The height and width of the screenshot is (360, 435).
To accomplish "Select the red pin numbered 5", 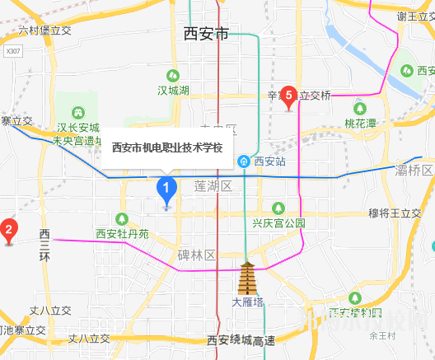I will tap(288, 96).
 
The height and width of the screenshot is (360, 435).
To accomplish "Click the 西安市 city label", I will tap(205, 35).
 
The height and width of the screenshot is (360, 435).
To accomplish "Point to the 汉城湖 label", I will tap(173, 89).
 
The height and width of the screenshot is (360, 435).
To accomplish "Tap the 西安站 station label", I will tap(269, 161).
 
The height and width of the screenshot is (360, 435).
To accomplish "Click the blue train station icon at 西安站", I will tap(245, 161).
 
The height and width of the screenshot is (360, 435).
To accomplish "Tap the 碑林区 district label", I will tap(195, 255).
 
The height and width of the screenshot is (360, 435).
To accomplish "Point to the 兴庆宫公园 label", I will tap(278, 222).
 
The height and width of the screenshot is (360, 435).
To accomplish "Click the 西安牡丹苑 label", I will tap(122, 233).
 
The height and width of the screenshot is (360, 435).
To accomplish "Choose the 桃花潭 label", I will tap(360, 124).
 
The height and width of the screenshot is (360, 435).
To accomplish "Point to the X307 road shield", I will tap(12, 51).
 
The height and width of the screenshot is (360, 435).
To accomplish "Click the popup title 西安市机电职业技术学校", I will tap(167, 148).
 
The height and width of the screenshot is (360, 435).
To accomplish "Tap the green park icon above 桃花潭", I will tap(359, 108).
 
